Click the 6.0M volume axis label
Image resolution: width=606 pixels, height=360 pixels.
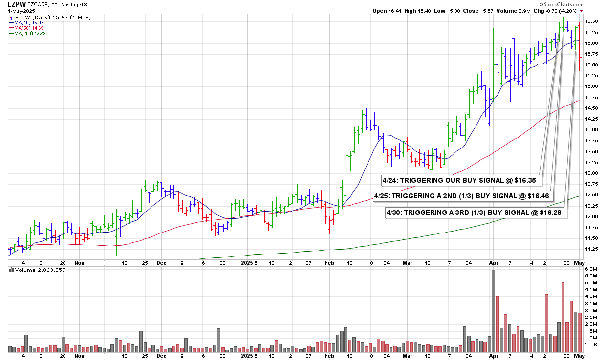coord(591,269)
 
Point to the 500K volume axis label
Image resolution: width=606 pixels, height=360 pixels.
coord(591,345)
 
